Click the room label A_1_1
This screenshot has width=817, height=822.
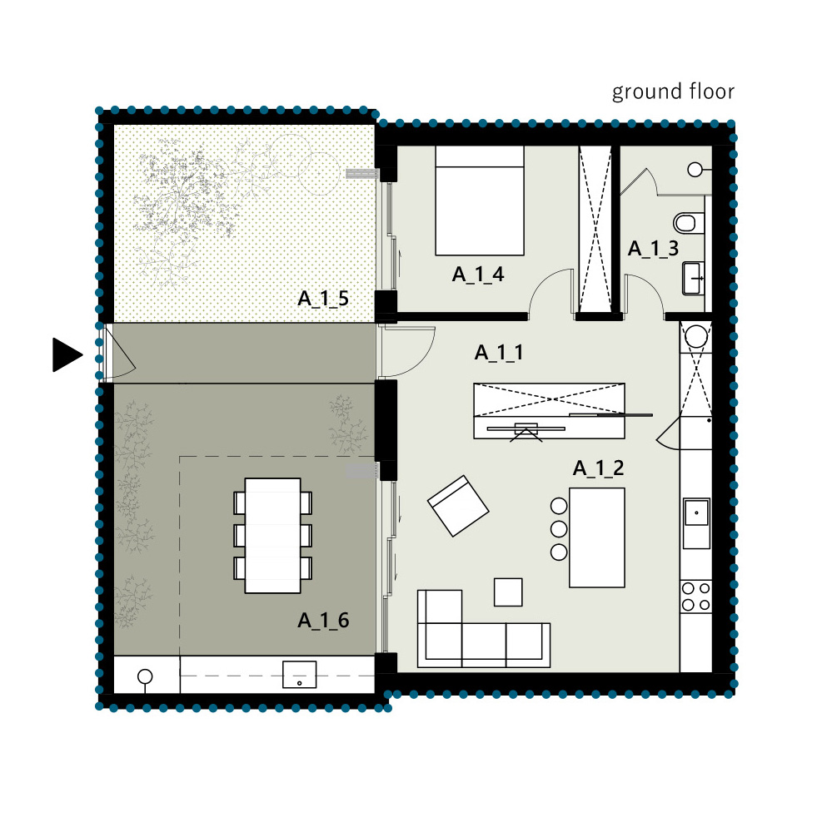[499, 353]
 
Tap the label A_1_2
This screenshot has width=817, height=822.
[598, 468]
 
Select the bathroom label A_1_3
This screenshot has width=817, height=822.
[653, 249]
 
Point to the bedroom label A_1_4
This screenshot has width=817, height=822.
[478, 275]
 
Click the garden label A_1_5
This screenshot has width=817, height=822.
[323, 299]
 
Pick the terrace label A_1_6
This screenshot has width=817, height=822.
[323, 620]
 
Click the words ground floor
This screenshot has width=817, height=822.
[673, 92]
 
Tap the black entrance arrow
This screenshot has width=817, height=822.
[67, 355]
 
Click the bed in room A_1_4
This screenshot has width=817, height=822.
[480, 201]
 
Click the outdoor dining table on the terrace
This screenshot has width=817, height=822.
[273, 535]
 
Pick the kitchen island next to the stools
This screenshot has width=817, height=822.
[597, 537]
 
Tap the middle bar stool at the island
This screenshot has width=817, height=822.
[559, 529]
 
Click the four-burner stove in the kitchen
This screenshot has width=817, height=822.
[695, 597]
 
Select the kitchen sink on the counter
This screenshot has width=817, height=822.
[696, 522]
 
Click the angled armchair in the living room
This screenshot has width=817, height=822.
[458, 506]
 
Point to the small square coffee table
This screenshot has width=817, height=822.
[509, 592]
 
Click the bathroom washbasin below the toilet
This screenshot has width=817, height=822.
[693, 279]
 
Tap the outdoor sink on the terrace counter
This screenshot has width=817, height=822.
[300, 675]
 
